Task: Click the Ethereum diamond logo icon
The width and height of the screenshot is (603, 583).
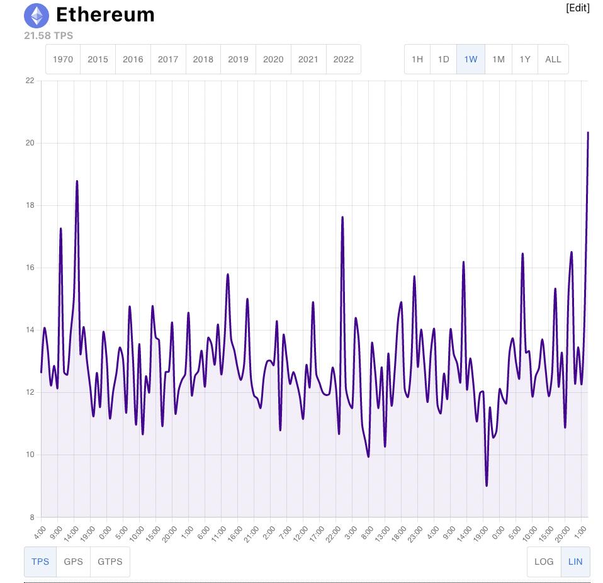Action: tap(37, 15)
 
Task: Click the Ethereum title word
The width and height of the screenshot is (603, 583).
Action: tap(105, 14)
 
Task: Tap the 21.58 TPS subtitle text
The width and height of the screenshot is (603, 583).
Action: tap(48, 35)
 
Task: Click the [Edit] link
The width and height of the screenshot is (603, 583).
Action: tap(577, 8)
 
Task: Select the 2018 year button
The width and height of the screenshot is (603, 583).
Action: tap(203, 59)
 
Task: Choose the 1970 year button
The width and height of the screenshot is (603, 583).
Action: tap(63, 59)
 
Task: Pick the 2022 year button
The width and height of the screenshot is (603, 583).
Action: tap(343, 59)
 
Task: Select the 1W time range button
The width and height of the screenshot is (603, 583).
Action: tap(470, 59)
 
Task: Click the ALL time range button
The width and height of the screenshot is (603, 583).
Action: tap(553, 59)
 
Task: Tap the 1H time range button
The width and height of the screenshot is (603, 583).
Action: tap(417, 59)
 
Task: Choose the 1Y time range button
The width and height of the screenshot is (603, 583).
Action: tap(524, 59)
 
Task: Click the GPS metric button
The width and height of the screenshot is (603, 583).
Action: tap(73, 562)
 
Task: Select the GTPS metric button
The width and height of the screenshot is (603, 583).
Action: tap(110, 562)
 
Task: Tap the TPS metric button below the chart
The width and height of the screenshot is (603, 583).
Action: tap(40, 562)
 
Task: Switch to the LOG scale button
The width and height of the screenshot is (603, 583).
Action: tap(544, 562)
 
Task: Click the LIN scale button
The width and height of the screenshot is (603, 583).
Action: tap(575, 562)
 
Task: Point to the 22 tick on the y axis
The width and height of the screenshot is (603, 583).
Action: tap(30, 81)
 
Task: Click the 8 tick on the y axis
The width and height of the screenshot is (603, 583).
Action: tap(31, 518)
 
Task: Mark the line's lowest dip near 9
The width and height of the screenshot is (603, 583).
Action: tap(487, 485)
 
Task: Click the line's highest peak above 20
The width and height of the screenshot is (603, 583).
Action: tap(588, 133)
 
